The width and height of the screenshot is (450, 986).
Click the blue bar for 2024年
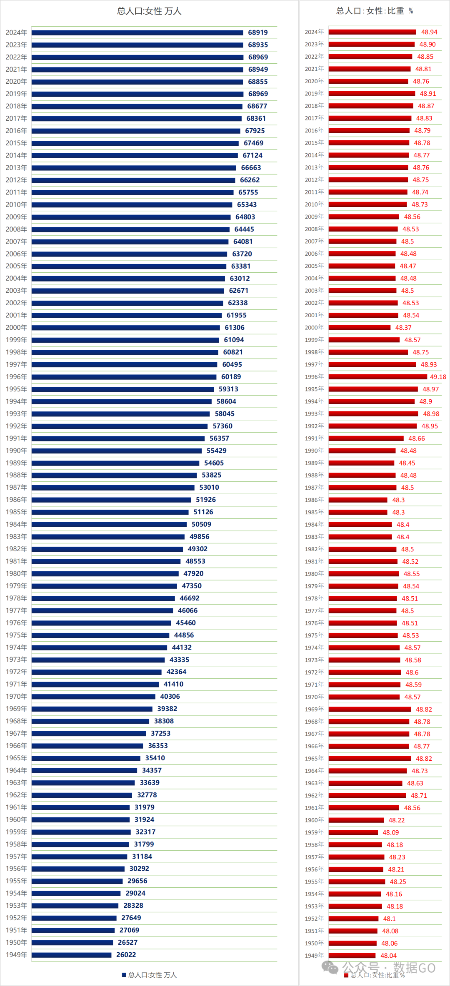(137, 32)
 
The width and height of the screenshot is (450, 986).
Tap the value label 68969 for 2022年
(258, 57)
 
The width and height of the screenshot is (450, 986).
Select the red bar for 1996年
(377, 377)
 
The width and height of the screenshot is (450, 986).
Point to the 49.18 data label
(438, 377)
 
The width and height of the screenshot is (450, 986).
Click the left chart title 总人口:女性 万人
(149, 11)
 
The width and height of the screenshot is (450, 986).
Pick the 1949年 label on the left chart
(16, 955)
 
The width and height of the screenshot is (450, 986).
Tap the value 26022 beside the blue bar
(126, 955)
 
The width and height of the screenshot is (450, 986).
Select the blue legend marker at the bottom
(124, 975)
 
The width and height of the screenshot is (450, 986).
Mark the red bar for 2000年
(360, 328)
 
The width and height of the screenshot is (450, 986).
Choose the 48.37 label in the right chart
(403, 328)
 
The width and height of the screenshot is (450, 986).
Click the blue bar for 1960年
(80, 819)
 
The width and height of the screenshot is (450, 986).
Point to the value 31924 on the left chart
(144, 819)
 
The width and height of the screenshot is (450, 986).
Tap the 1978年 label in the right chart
(314, 598)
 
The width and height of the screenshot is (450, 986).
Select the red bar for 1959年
(353, 832)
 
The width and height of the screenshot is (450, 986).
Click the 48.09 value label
(391, 832)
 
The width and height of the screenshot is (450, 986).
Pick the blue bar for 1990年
(117, 451)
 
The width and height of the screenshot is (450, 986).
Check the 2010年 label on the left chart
(16, 204)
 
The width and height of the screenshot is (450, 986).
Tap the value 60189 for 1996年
(231, 377)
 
